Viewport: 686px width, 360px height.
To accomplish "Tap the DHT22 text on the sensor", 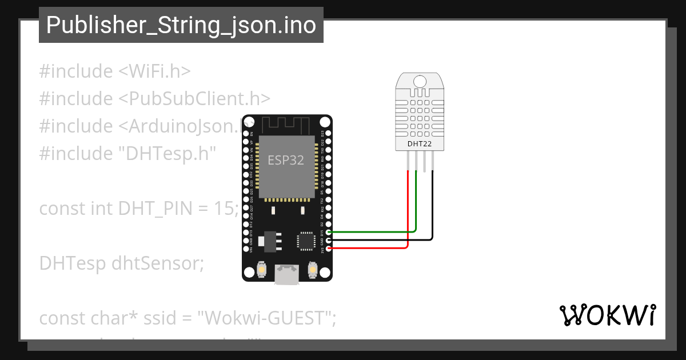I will [419, 144].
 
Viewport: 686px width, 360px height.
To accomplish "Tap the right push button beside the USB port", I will [313, 269].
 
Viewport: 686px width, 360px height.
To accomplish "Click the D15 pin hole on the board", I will [329, 232].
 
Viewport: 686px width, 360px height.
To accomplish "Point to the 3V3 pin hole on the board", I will [329, 249].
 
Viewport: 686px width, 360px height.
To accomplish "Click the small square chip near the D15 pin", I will [305, 241].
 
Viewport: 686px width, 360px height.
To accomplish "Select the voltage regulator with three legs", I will [269, 241].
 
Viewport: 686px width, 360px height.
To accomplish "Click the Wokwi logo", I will [607, 315].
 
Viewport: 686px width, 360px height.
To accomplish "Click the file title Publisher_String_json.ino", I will [181, 25].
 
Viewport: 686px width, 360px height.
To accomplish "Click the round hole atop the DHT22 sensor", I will [420, 81].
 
